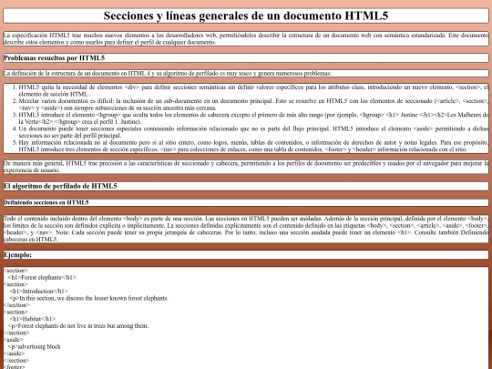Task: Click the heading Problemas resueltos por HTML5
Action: point(53,57)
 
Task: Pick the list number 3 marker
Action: point(17,116)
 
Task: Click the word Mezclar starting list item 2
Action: point(35,100)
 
